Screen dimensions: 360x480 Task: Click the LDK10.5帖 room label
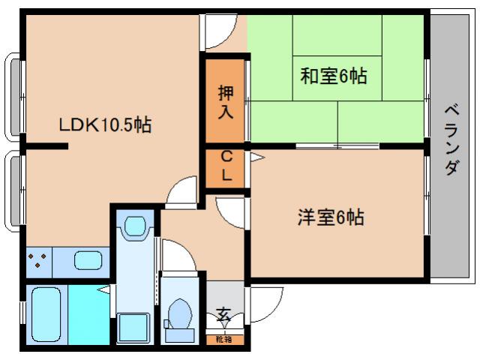(x=105, y=124)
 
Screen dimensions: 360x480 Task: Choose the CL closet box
(x=226, y=167)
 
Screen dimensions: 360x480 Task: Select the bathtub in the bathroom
(x=46, y=313)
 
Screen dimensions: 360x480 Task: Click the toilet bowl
(x=180, y=313)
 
